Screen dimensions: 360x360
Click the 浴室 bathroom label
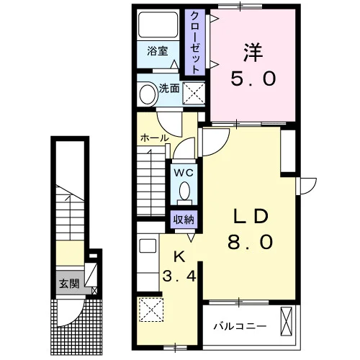[x=158, y=51]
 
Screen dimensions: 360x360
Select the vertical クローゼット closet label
[x=195, y=42]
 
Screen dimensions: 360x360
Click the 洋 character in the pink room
[x=253, y=53]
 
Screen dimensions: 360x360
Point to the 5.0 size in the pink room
[x=253, y=78]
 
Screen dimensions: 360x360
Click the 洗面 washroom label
[x=169, y=89]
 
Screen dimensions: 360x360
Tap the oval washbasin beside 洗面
[x=148, y=94]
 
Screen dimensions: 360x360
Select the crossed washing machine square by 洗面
[x=194, y=93]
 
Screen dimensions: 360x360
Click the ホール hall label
[x=155, y=138]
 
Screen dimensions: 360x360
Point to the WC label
[x=184, y=173]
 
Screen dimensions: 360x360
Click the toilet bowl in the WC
[x=184, y=191]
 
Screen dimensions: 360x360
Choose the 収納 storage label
[x=184, y=219]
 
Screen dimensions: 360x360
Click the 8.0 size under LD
[x=251, y=242]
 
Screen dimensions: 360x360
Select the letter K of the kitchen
[x=179, y=258]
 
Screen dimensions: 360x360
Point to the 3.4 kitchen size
[x=179, y=276]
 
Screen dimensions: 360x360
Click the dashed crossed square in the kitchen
[x=151, y=310]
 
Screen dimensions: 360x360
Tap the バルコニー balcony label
[x=240, y=326]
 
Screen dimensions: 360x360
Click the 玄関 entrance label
[x=69, y=284]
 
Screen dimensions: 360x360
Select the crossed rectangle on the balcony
[x=287, y=321]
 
